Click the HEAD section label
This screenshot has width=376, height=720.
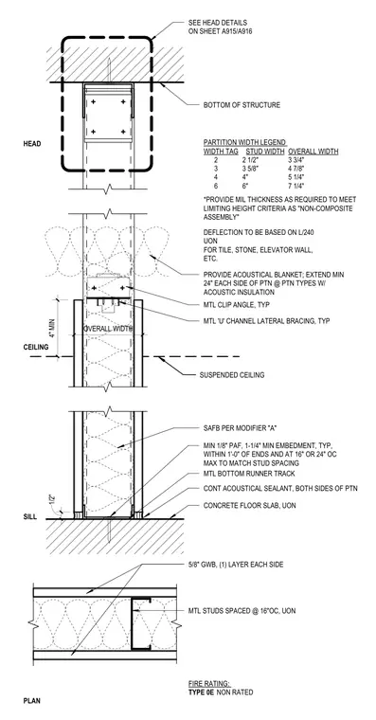click(32, 144)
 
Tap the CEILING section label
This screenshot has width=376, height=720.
click(36, 347)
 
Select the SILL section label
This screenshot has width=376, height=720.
click(30, 516)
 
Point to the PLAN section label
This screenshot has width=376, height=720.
click(31, 701)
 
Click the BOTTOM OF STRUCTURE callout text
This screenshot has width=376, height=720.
click(242, 105)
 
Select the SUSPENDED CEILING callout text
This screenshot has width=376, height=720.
click(232, 375)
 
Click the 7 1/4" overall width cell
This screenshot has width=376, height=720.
click(296, 186)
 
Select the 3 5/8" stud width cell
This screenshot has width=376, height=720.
click(251, 169)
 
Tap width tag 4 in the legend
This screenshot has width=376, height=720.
click(215, 177)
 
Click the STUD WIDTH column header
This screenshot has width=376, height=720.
click(264, 152)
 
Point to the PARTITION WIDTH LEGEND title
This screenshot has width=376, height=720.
click(245, 143)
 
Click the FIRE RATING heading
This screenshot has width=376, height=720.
click(209, 683)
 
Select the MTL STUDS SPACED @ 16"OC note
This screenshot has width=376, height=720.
click(242, 611)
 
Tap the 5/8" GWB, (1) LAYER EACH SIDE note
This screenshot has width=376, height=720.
click(236, 565)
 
